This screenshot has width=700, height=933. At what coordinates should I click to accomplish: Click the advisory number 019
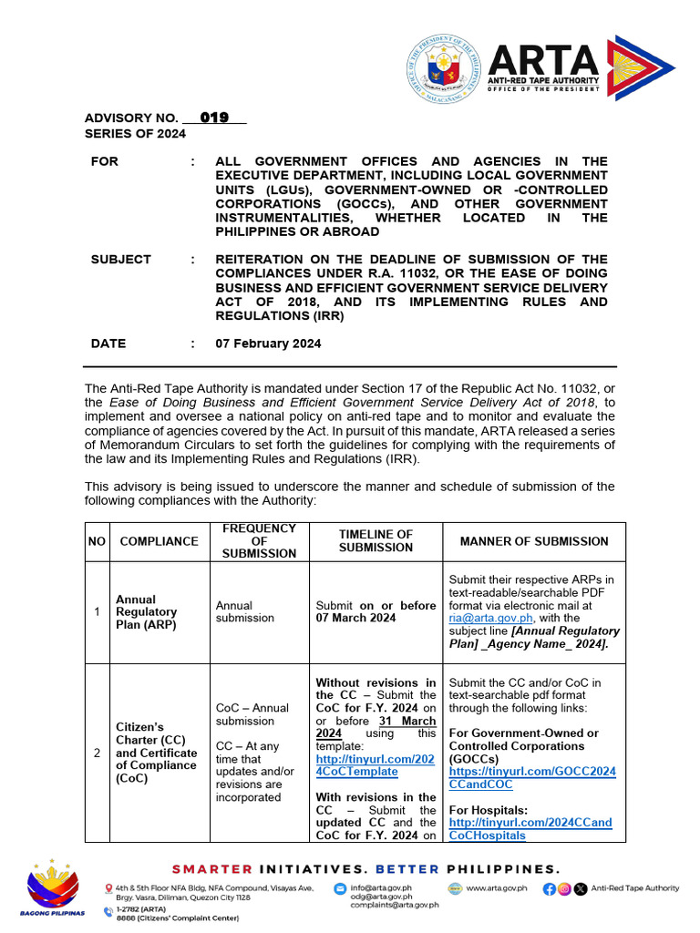pyautogui.click(x=214, y=118)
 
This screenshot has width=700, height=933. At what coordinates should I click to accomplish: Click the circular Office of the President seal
pyautogui.click(x=443, y=66)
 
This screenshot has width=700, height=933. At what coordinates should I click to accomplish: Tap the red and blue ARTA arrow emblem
pyautogui.click(x=641, y=67)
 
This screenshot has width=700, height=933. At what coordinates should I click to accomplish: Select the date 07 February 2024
pyautogui.click(x=268, y=343)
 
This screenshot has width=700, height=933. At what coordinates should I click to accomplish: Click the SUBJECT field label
pyautogui.click(x=121, y=260)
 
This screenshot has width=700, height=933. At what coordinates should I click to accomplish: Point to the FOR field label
pyautogui.click(x=104, y=161)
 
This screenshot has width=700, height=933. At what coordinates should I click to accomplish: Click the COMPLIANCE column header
pyautogui.click(x=159, y=541)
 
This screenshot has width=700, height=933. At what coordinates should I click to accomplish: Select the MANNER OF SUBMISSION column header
pyautogui.click(x=533, y=541)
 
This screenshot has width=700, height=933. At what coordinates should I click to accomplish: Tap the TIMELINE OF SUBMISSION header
pyautogui.click(x=376, y=541)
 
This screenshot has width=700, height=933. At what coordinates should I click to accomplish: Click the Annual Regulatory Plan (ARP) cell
pyautogui.click(x=146, y=612)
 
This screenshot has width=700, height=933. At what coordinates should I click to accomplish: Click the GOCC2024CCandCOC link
pyautogui.click(x=532, y=777)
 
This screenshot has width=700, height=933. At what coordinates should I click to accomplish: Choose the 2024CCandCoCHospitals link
pyautogui.click(x=530, y=828)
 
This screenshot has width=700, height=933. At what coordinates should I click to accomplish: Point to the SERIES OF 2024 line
pyautogui.click(x=135, y=134)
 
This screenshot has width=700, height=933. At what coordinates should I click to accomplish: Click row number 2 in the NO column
pyautogui.click(x=97, y=754)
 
